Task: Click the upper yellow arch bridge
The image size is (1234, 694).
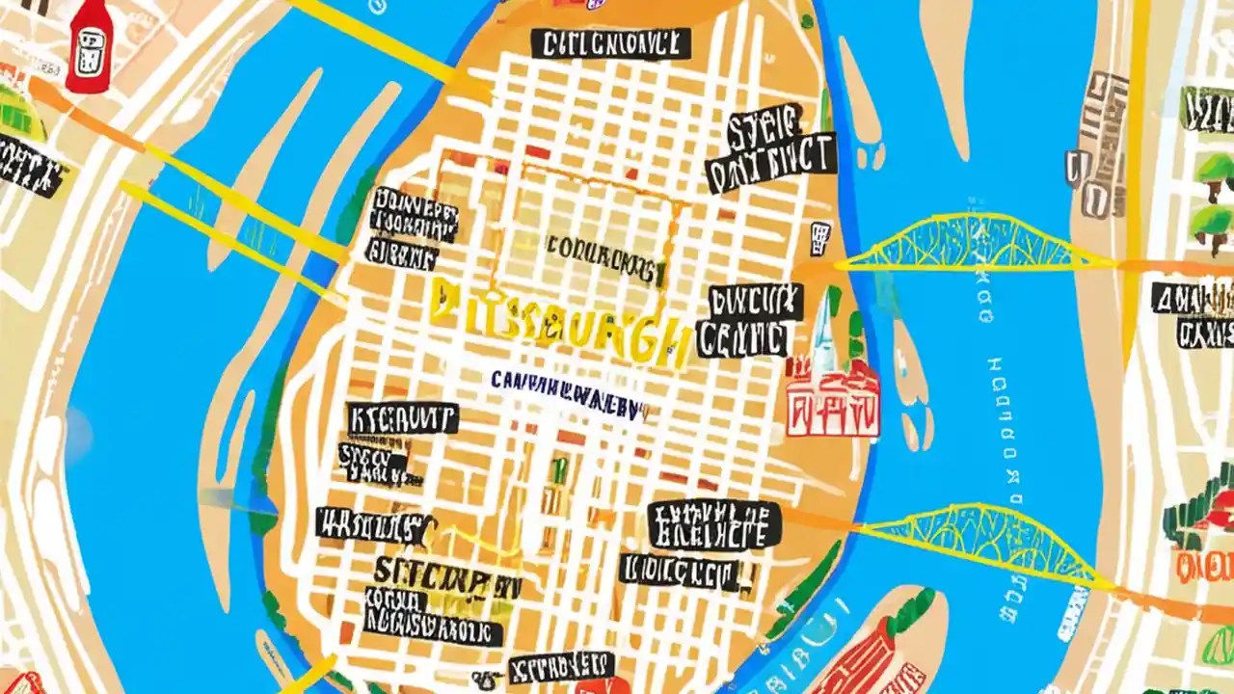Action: (x=974, y=246)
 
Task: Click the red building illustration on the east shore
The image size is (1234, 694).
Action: (x=833, y=400)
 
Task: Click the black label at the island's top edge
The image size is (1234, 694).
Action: (x=610, y=43)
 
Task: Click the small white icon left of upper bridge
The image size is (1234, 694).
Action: (x=819, y=234)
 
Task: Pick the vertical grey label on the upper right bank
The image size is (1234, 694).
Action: (x=1099, y=145)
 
